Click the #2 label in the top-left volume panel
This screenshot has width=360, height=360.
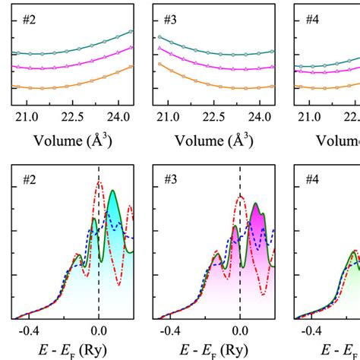click(23, 23)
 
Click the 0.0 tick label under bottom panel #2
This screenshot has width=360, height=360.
click(99, 331)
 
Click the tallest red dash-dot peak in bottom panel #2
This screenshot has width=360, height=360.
click(99, 183)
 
